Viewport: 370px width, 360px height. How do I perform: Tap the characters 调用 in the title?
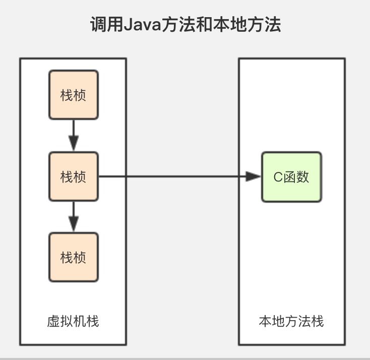[x=107, y=25]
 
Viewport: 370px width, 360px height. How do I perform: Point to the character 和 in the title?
[x=207, y=25]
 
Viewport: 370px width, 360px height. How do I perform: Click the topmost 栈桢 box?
[x=74, y=95]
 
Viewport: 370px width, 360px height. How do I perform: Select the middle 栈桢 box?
[x=74, y=176]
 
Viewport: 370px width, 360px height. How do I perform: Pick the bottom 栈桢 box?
[x=74, y=257]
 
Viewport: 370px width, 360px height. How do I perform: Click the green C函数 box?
[x=291, y=177]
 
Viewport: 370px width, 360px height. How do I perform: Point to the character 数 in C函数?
[x=303, y=177]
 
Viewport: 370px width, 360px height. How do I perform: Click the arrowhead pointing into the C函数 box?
[x=253, y=176]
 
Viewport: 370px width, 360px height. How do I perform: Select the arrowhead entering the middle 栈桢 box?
[x=74, y=143]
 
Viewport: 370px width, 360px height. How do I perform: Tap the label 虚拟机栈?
[x=73, y=321]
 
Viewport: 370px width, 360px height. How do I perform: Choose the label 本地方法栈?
[x=291, y=321]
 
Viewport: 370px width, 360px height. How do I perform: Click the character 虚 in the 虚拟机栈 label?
[x=53, y=321]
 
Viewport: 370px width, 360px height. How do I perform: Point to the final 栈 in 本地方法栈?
[x=318, y=321]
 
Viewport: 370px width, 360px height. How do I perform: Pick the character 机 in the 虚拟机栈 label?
[x=80, y=321]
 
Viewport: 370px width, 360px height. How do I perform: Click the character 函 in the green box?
[x=290, y=177]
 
